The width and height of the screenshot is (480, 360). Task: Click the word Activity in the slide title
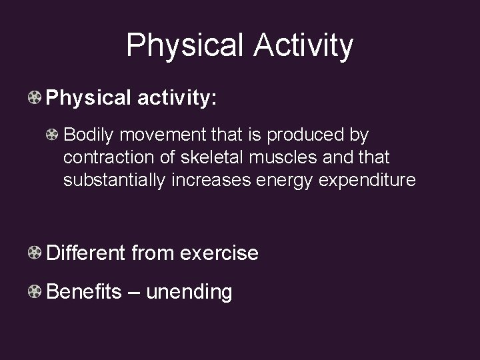click(303, 45)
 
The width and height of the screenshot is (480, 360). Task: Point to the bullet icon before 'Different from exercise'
click(35, 253)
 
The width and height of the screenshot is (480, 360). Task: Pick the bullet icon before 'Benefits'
click(35, 292)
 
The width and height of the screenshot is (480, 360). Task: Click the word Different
click(86, 253)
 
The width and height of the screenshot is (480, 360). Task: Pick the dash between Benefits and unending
click(133, 292)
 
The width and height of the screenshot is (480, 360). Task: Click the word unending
click(189, 292)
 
